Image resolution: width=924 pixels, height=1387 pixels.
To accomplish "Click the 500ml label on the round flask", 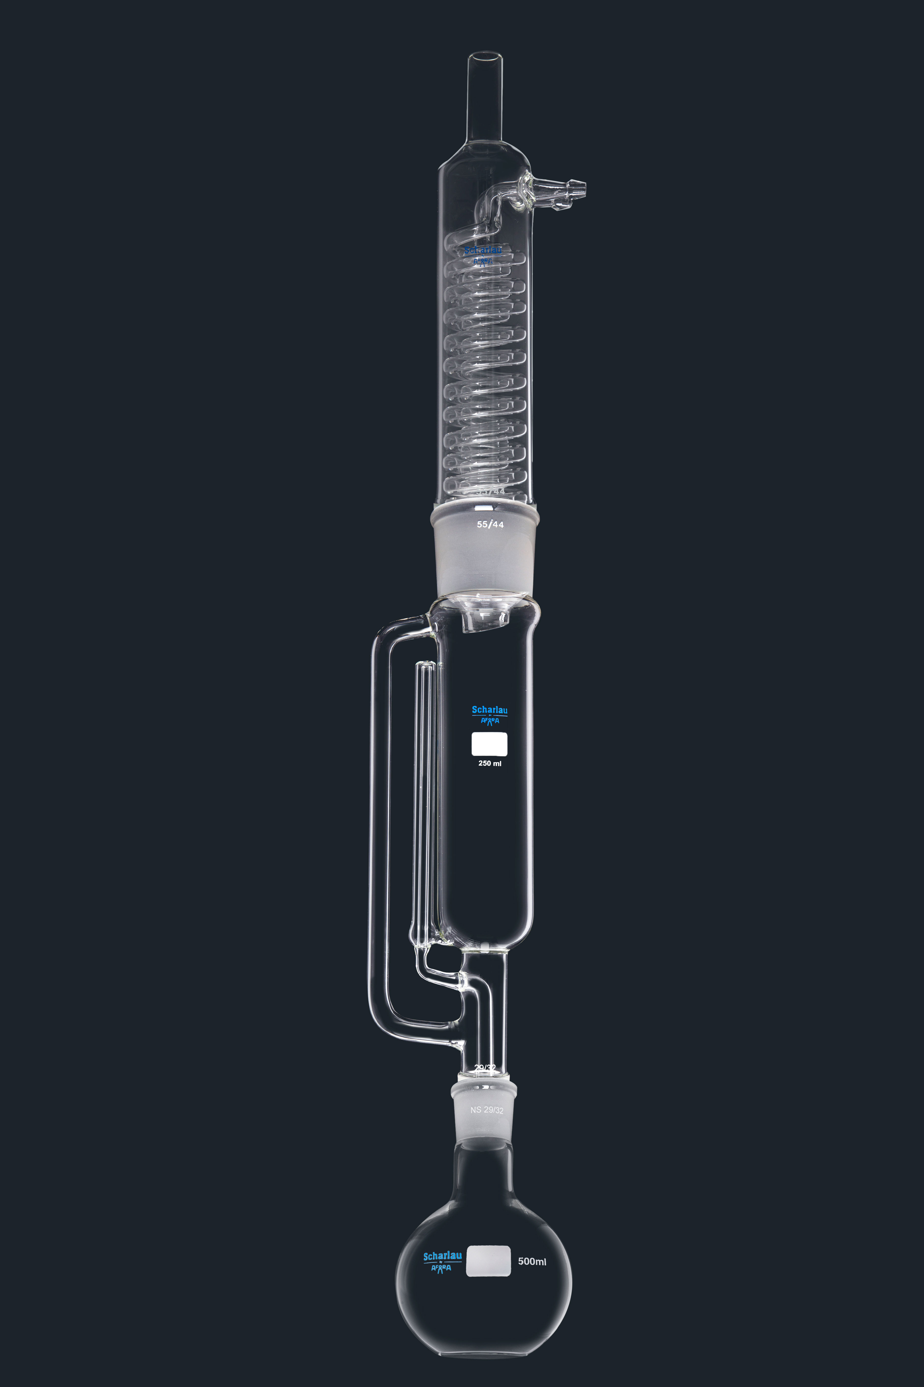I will pos(532,1261).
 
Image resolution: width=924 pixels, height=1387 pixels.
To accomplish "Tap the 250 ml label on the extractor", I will pos(490,763).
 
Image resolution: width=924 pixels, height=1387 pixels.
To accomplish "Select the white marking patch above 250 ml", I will pos(489,744).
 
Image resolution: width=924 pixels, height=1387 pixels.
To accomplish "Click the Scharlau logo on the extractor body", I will pos(489,714).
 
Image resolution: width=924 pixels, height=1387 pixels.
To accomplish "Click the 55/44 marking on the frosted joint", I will pos(490,524).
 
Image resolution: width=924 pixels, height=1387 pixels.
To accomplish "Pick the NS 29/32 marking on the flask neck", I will pos(487,1110).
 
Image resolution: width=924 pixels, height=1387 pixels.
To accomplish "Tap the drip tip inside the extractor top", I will pos(484,622).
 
